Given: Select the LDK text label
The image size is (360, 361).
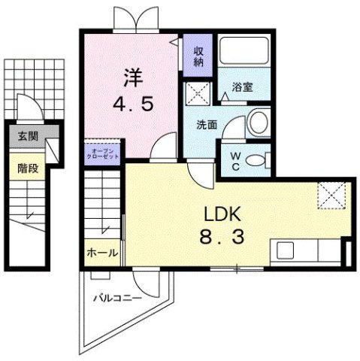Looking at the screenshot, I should tap(219, 213).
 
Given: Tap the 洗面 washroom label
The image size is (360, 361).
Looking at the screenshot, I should tap(207, 125).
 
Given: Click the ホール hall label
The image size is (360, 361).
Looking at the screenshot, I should tap(102, 253).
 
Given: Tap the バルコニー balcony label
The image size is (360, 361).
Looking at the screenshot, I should tap(118, 299).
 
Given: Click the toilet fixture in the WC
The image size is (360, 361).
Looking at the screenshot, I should tap(256, 158).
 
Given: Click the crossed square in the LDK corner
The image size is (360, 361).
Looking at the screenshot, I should tap(329, 194).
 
